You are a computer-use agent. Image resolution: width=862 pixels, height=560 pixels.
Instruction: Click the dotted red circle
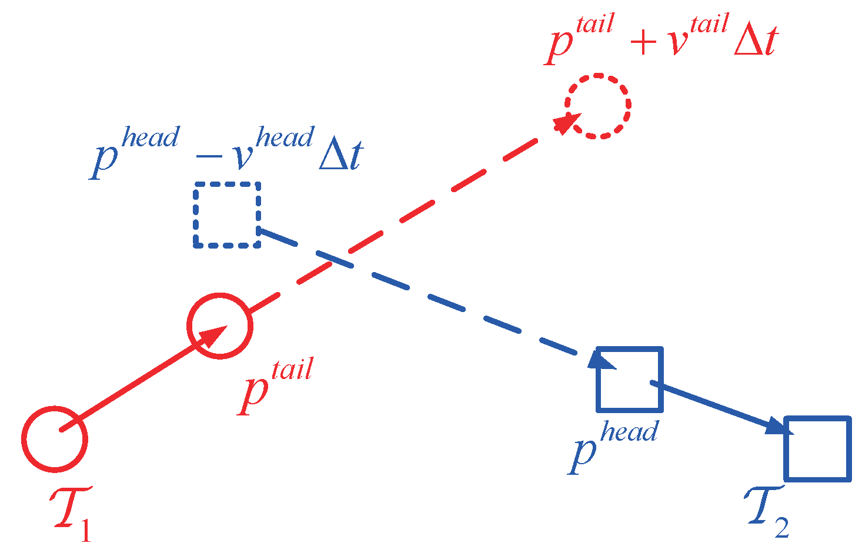tap(598, 106)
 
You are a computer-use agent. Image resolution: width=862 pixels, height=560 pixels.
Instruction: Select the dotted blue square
tap(227, 214)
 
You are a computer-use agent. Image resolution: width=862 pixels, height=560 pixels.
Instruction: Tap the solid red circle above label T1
tap(55, 438)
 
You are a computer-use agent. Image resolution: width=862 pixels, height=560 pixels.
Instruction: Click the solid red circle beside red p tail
tap(220, 325)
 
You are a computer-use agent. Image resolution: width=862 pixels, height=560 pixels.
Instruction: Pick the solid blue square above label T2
tap(817, 448)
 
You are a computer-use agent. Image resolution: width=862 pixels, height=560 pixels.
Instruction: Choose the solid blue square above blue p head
tap(629, 379)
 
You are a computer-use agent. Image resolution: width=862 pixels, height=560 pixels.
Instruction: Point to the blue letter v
tap(242, 156)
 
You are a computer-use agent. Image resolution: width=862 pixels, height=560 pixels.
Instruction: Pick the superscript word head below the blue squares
tap(629, 432)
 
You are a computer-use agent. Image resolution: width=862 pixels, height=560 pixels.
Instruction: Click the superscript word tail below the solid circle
tap(292, 370)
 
